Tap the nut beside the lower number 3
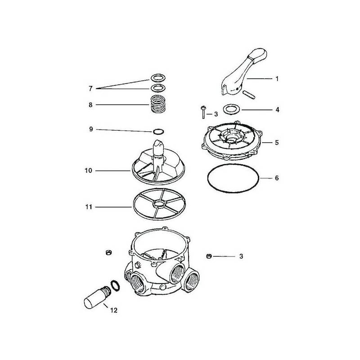[208, 256]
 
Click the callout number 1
[277, 79]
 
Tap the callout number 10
[88, 171]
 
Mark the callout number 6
[277, 178]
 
